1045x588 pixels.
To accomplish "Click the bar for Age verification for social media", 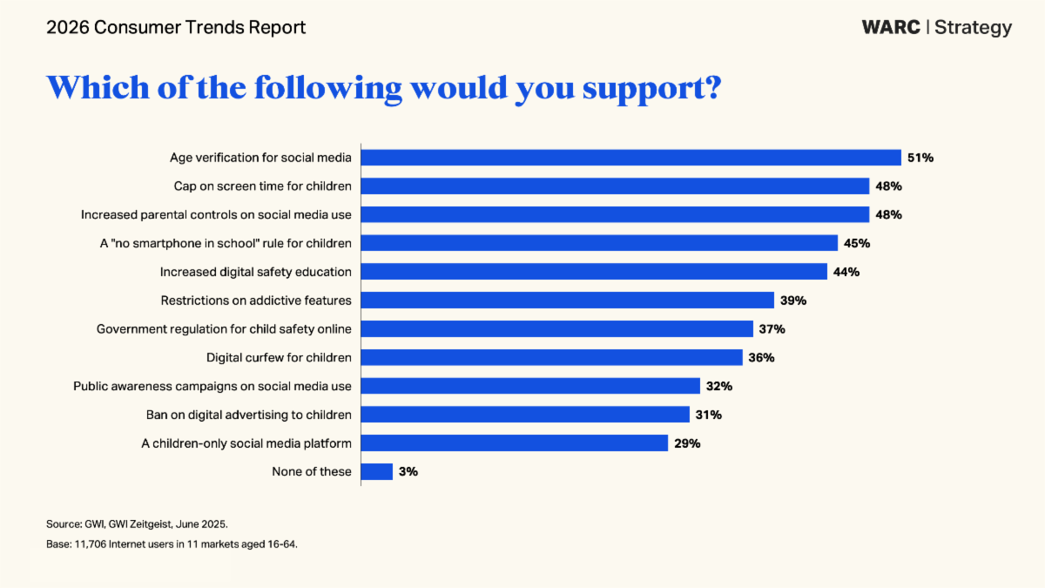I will (x=630, y=158).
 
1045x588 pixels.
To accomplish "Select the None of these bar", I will (x=377, y=471).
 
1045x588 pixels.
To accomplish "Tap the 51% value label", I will (x=920, y=158).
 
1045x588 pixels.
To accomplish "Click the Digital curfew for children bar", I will (x=551, y=357).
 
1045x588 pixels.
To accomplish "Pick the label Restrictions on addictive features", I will (x=256, y=301).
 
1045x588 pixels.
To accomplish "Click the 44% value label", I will (x=846, y=272).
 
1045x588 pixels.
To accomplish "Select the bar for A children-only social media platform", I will (x=514, y=443).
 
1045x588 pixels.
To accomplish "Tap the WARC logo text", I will (x=890, y=27).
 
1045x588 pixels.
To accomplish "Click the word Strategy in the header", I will (x=974, y=28).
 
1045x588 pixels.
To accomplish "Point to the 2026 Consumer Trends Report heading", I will (x=176, y=28).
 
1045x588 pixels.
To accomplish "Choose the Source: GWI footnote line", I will (x=137, y=524).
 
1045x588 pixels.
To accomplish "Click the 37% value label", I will (x=772, y=329).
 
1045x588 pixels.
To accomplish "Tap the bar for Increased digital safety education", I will (x=594, y=272).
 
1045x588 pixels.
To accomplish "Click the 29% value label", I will (x=686, y=443).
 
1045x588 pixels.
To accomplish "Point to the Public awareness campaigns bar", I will (x=530, y=386).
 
